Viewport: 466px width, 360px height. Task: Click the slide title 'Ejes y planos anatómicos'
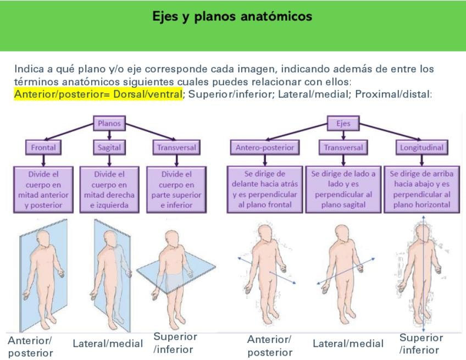click(232, 16)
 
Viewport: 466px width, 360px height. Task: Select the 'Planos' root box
click(109, 124)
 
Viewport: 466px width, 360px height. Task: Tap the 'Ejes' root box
click(343, 124)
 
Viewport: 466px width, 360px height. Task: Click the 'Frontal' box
click(43, 147)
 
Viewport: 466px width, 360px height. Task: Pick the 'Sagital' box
click(109, 147)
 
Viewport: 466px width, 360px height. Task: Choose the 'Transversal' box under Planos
click(176, 147)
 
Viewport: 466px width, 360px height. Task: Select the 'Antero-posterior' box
click(265, 147)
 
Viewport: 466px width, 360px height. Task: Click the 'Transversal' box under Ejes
click(343, 147)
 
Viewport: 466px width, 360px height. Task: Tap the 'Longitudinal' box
click(421, 147)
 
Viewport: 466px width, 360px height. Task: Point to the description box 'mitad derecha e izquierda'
click(110, 190)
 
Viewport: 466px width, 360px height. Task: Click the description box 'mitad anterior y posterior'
click(43, 190)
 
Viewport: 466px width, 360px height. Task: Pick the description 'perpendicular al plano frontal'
click(265, 190)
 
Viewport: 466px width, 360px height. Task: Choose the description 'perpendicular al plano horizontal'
click(421, 190)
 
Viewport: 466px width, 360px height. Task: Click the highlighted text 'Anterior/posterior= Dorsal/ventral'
click(98, 94)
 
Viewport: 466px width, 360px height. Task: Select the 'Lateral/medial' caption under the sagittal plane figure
click(108, 344)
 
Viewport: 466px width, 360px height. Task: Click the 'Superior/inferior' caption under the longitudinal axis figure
click(421, 344)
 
